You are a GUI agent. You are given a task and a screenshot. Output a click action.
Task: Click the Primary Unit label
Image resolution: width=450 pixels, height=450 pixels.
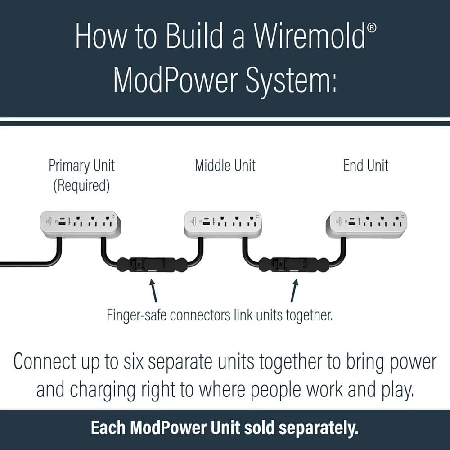click(81, 166)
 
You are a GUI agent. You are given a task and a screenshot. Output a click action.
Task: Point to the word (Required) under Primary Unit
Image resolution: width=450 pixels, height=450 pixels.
click(81, 186)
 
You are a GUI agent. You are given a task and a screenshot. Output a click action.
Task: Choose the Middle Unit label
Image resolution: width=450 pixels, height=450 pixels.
click(225, 166)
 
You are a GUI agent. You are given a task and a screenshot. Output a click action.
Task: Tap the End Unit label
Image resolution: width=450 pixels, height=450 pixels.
click(366, 166)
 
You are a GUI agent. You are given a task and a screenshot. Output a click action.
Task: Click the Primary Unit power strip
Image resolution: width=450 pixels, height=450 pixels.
click(81, 224)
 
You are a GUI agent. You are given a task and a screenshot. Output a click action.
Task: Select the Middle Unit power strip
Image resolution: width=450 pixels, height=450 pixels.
click(223, 224)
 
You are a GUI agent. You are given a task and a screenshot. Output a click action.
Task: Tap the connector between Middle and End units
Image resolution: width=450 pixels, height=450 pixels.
click(293, 264)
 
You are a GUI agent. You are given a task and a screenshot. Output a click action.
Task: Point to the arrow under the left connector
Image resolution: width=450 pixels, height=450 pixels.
click(153, 291)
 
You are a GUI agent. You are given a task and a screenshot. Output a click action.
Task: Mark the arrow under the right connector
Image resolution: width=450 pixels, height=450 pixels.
click(294, 291)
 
